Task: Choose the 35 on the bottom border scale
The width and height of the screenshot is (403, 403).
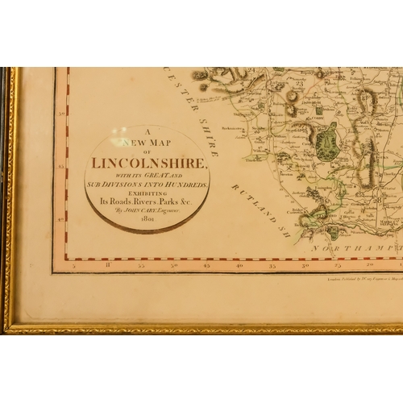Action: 272,264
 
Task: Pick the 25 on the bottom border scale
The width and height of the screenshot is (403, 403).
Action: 339,264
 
